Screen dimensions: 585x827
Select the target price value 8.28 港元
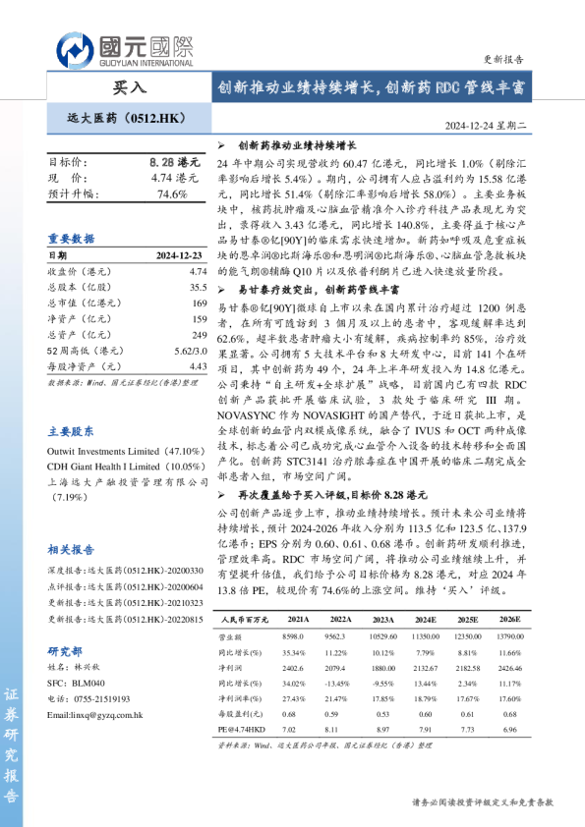click(174, 161)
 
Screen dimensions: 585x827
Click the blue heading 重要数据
click(72, 238)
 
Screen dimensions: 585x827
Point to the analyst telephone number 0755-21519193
click(98, 698)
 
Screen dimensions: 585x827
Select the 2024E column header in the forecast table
click(427, 621)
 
